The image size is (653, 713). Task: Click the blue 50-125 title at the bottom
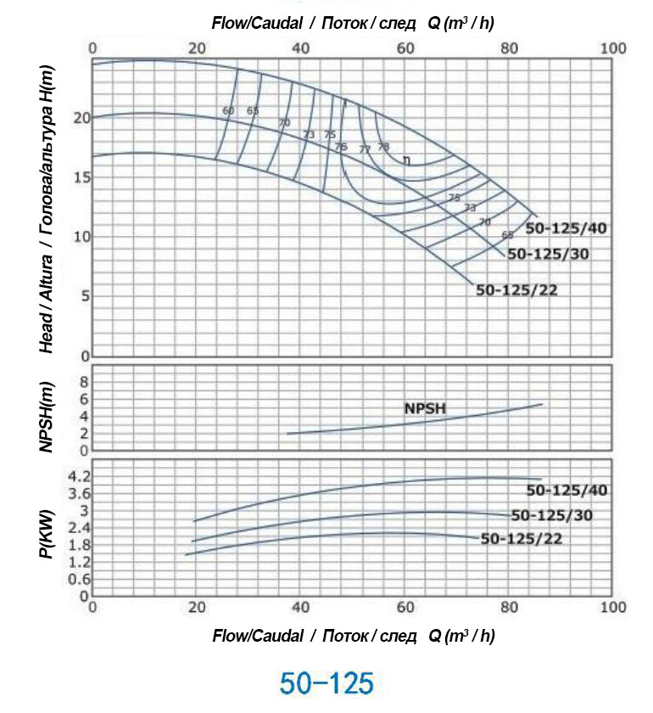click(x=326, y=682)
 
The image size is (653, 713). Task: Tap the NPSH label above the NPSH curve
click(x=424, y=408)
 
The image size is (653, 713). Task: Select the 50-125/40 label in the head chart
click(x=566, y=228)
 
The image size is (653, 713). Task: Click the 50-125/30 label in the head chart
click(x=548, y=254)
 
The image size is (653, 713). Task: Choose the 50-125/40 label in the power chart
click(x=566, y=490)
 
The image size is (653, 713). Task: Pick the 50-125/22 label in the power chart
click(x=521, y=538)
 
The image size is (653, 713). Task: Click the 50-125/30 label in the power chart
click(x=551, y=514)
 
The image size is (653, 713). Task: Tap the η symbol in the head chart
click(x=407, y=160)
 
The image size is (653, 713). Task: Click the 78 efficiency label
click(x=383, y=147)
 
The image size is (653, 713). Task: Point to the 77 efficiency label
click(x=365, y=149)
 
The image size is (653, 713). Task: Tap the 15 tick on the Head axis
click(x=81, y=177)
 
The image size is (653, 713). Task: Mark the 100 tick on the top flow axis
click(x=613, y=48)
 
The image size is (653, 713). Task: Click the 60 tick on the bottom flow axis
click(x=405, y=607)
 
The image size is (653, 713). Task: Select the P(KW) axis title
click(x=47, y=532)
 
